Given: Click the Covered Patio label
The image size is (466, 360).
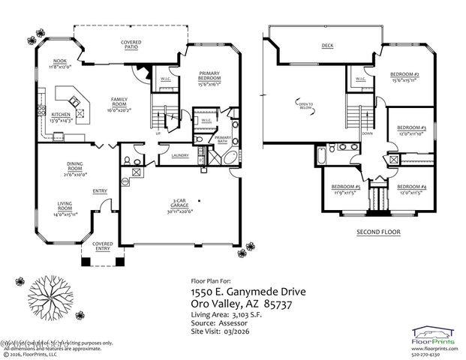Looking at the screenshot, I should (131, 45).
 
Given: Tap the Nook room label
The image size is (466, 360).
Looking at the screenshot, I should (58, 64).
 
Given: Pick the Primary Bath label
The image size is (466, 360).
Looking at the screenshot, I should (223, 140).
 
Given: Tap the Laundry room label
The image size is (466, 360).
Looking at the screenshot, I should (179, 155).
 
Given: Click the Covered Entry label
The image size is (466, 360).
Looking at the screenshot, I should (102, 246).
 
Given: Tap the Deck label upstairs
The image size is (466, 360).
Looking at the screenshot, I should (327, 46).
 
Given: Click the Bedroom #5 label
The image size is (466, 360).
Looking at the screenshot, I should (347, 189).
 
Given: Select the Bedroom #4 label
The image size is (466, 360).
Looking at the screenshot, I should (412, 189).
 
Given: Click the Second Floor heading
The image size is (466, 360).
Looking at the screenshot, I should (378, 232).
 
